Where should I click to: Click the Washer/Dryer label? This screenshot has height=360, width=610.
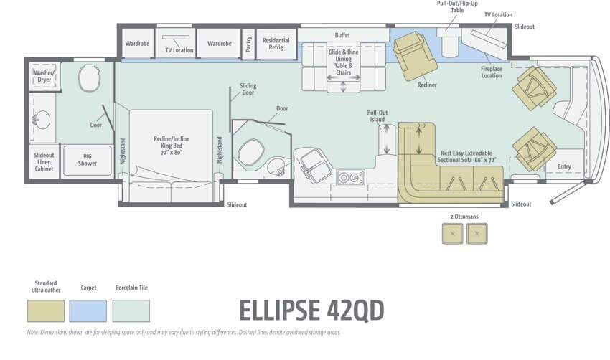(44, 76)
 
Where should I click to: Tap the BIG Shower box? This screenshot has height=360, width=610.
(88, 160)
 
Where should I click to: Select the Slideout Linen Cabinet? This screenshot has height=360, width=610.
(44, 162)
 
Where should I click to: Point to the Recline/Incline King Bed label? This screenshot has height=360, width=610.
(172, 146)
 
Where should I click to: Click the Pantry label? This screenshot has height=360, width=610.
(248, 44)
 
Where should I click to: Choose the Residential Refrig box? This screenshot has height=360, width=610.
(276, 44)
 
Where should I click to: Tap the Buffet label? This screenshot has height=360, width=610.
(342, 35)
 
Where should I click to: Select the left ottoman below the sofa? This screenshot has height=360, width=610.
(452, 234)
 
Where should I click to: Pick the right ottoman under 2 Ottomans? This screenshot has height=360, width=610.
(477, 234)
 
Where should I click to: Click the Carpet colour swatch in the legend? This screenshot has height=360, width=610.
(88, 311)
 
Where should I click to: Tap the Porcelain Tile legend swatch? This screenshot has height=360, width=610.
(131, 311)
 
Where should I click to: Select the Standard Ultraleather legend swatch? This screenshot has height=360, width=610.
(45, 311)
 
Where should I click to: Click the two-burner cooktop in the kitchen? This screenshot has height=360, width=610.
(350, 178)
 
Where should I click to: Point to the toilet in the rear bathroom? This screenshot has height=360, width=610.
(90, 77)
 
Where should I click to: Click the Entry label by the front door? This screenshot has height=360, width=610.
(565, 166)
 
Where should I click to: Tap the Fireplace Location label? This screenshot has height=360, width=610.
(492, 72)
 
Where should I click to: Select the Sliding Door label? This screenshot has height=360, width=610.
(248, 89)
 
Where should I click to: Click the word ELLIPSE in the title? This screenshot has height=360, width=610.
(280, 311)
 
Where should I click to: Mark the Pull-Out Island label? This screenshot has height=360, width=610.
(377, 116)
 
